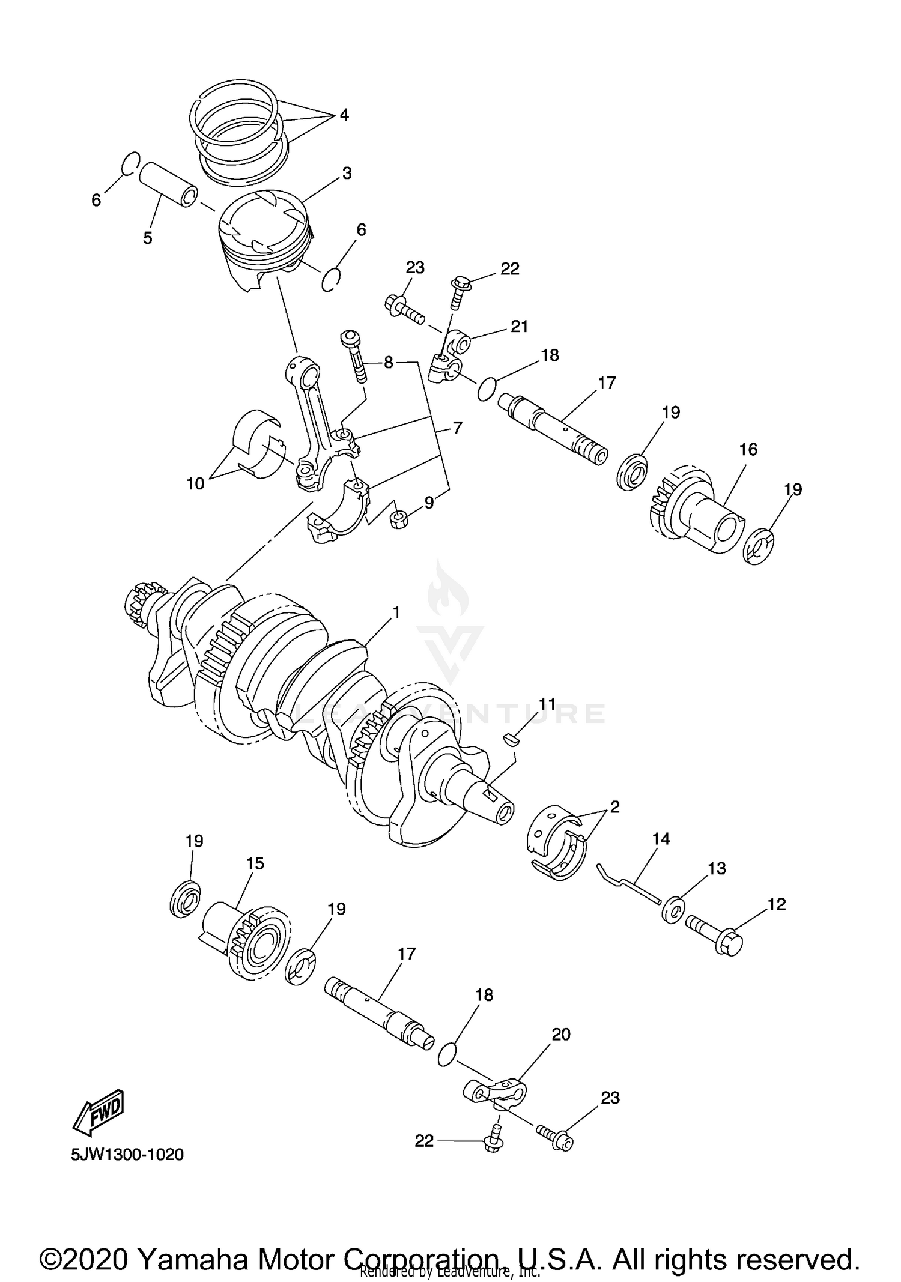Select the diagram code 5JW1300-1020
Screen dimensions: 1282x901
pyautogui.click(x=127, y=1155)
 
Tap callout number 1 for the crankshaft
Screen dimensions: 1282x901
pyautogui.click(x=396, y=612)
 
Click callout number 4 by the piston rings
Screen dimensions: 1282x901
pyautogui.click(x=344, y=115)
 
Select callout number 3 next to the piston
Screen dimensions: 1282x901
pyautogui.click(x=347, y=174)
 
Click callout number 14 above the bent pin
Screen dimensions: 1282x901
pyautogui.click(x=661, y=839)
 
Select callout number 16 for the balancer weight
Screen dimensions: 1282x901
pyautogui.click(x=748, y=449)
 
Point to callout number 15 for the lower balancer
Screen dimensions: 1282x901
pyautogui.click(x=255, y=863)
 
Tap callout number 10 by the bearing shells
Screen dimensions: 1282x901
pyautogui.click(x=195, y=483)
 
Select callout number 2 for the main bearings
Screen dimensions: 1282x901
pyautogui.click(x=614, y=807)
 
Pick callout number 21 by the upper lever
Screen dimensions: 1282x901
pyautogui.click(x=519, y=326)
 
